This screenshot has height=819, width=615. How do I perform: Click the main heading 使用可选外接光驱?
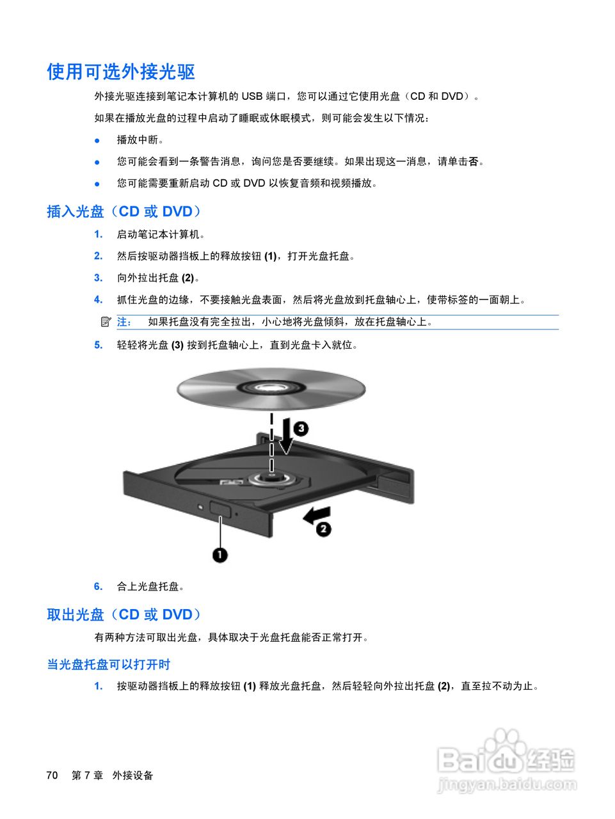pyautogui.click(x=121, y=72)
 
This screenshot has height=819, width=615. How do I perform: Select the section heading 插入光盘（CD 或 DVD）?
pyautogui.click(x=124, y=211)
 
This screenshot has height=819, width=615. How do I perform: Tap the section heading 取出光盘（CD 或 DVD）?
pyautogui.click(x=124, y=614)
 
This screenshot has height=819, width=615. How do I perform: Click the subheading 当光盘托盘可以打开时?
pyautogui.click(x=109, y=664)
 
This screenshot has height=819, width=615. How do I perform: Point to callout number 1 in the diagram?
pyautogui.click(x=220, y=554)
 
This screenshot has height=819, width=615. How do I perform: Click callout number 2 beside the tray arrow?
pyautogui.click(x=324, y=529)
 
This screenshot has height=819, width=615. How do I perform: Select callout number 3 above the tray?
pyautogui.click(x=301, y=428)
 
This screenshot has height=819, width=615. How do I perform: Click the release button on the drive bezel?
pyautogui.click(x=220, y=509)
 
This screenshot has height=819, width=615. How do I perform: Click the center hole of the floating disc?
pyautogui.click(x=271, y=387)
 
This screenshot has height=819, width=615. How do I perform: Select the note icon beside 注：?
pyautogui.click(x=106, y=321)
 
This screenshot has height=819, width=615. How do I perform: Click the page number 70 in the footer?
pyautogui.click(x=52, y=775)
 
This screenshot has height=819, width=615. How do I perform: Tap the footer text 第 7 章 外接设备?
pyautogui.click(x=112, y=775)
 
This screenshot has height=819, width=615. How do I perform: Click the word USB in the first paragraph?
pyautogui.click(x=252, y=96)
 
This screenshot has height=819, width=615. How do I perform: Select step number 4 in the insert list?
pyautogui.click(x=98, y=299)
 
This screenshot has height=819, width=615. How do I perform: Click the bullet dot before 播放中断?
pyautogui.click(x=97, y=140)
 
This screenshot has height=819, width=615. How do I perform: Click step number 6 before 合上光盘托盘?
pyautogui.click(x=98, y=586)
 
